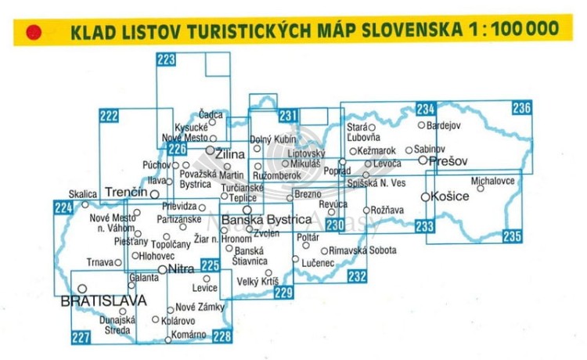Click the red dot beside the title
point(33,32)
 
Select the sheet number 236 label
point(522,108)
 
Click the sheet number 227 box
point(80,337)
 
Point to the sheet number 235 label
point(512,236)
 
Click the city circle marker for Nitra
point(162,269)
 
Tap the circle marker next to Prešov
point(423,160)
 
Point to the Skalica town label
point(82,193)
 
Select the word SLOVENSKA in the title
point(400,30)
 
